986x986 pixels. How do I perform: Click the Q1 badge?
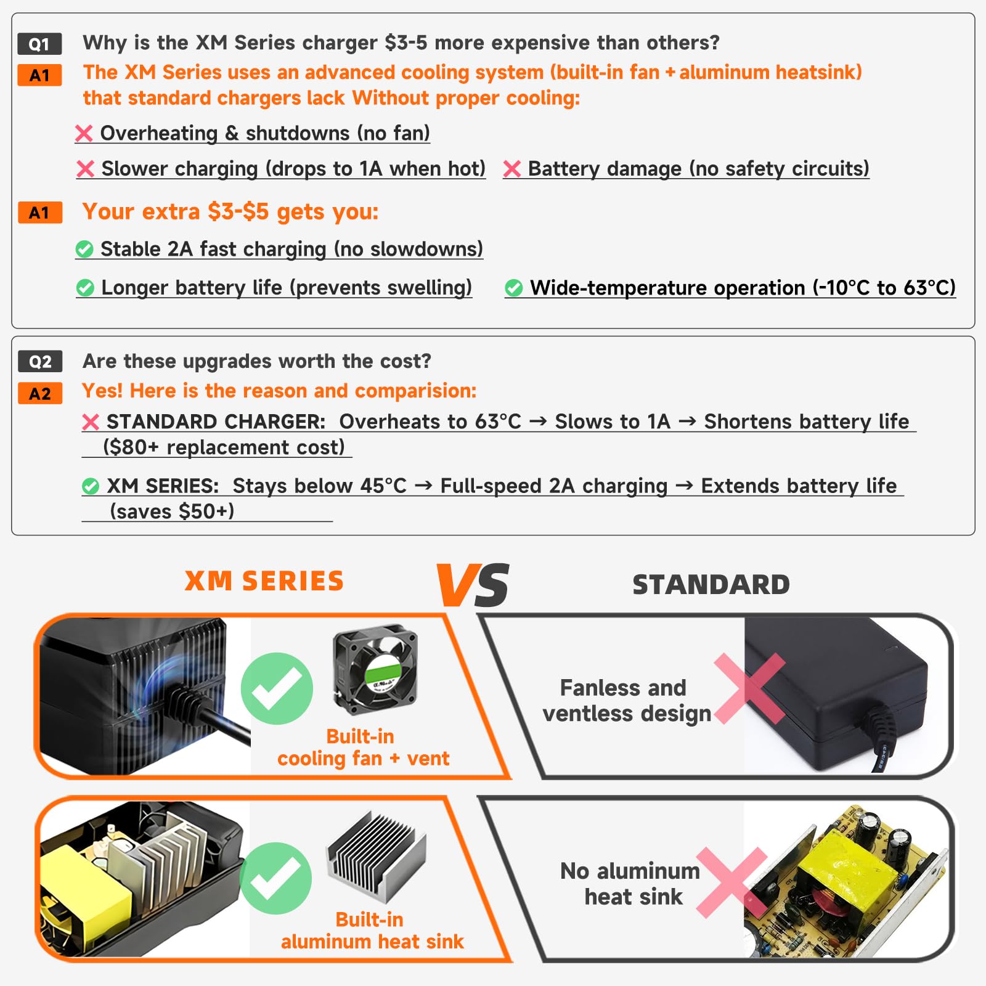click(x=39, y=44)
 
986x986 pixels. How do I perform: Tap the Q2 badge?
click(x=40, y=362)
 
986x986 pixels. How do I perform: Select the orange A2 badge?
click(x=40, y=394)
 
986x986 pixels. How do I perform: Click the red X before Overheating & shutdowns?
click(x=84, y=133)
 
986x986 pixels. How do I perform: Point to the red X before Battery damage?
click(x=512, y=169)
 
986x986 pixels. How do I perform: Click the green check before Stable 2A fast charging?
click(x=84, y=250)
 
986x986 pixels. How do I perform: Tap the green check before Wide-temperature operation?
click(x=513, y=288)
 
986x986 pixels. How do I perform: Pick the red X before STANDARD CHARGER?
click(x=91, y=422)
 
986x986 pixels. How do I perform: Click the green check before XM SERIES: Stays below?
click(x=91, y=486)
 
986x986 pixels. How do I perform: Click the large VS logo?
click(x=473, y=584)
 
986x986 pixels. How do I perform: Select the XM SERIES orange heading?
click(x=264, y=581)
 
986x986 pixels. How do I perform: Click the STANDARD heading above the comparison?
click(x=711, y=585)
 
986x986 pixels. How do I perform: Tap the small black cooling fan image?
click(x=375, y=669)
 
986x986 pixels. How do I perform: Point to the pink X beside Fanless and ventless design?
click(x=749, y=688)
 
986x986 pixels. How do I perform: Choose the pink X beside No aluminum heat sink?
click(x=732, y=882)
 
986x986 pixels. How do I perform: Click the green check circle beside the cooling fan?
click(x=277, y=688)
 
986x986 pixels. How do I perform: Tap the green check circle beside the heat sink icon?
click(x=275, y=878)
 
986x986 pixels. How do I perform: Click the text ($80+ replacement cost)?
click(x=224, y=447)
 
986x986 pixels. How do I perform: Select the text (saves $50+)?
click(x=172, y=511)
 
